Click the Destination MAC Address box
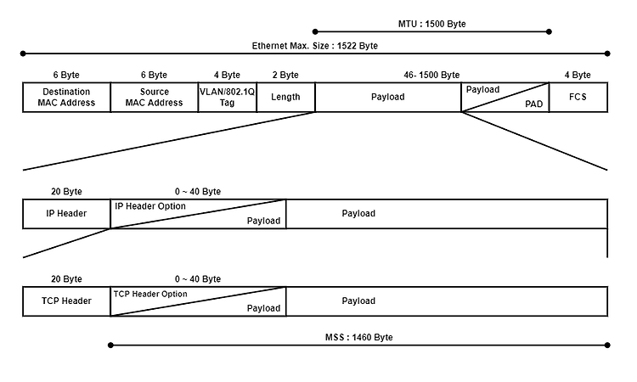point(66,97)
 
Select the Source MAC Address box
point(155,97)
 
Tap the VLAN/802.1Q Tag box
point(228,97)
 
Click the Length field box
point(285,97)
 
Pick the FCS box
point(578,97)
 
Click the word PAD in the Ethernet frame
point(534,104)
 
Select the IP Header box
point(66,214)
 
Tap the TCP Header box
point(66,301)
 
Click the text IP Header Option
point(150,206)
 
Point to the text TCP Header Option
point(150,294)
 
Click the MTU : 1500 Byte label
point(431,24)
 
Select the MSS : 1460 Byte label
point(359,337)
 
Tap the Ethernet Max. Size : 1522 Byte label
point(315,46)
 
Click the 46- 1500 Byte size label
point(431,75)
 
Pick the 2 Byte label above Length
point(285,75)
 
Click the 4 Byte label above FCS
point(578,75)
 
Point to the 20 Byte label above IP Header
point(66,192)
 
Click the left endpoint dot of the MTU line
point(315,31)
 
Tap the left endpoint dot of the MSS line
point(110,345)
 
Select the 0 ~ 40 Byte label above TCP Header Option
point(198,279)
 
